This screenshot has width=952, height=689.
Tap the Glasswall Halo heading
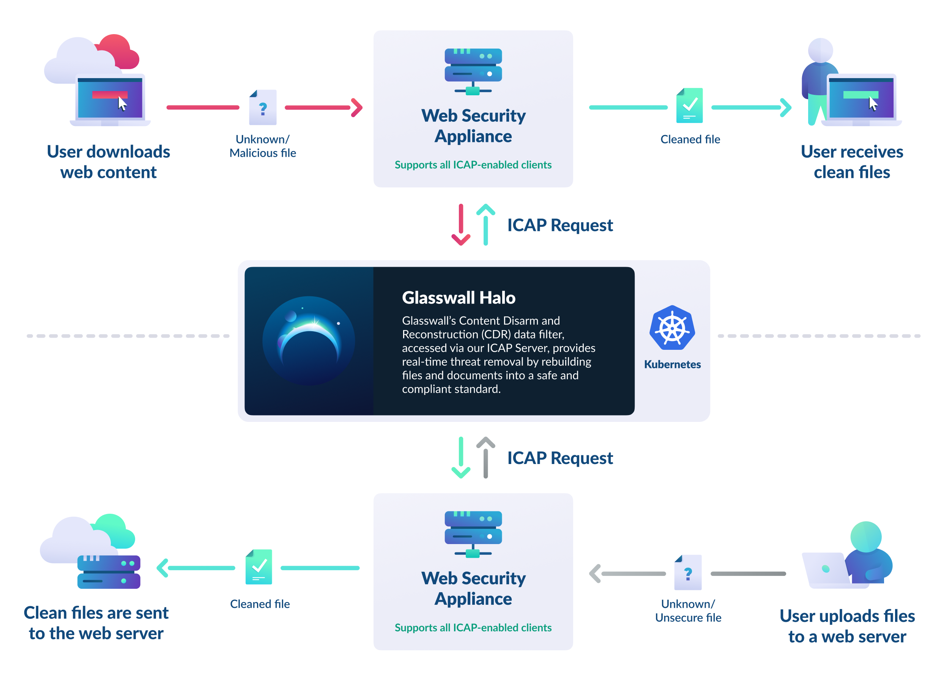click(x=459, y=297)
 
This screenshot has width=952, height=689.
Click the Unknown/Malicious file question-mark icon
click(x=263, y=108)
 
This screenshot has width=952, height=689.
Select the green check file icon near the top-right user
click(x=689, y=106)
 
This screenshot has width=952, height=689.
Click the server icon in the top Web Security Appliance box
click(x=473, y=71)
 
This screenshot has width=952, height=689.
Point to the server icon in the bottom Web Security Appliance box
click(x=473, y=533)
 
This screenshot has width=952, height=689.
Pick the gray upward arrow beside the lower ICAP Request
click(x=485, y=458)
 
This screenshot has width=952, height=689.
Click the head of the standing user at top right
click(x=820, y=50)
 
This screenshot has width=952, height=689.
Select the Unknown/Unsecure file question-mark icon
click(x=688, y=573)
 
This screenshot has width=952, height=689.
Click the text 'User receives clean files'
click(x=852, y=162)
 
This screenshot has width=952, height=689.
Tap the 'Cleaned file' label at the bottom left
click(x=260, y=604)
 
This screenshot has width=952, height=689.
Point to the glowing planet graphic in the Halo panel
click(x=309, y=340)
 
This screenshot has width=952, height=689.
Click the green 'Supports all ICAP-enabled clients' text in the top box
click(x=473, y=165)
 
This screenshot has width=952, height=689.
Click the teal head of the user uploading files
click(x=865, y=537)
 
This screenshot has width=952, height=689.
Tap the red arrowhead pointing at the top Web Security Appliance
click(x=356, y=108)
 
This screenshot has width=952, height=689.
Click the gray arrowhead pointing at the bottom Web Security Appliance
click(x=595, y=574)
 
